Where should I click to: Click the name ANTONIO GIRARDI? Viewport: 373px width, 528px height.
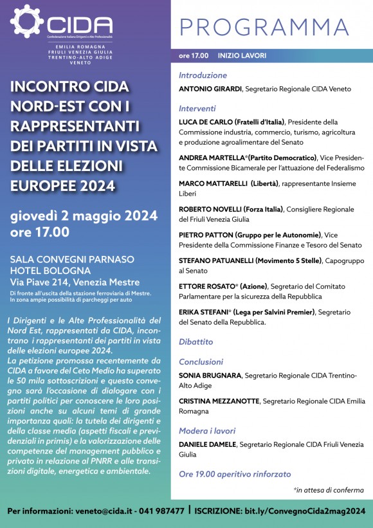[210, 88]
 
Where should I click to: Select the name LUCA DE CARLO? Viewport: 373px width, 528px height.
[205, 122]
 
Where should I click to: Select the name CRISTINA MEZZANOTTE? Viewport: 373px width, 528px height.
[220, 401]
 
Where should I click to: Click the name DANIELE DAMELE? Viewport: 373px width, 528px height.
[207, 444]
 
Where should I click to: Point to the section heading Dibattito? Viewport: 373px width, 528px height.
[196, 341]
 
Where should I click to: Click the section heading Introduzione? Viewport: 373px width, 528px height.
[203, 75]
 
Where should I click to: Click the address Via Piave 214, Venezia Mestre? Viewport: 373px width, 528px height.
[75, 282]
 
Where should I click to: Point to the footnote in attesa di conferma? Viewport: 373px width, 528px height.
[329, 490]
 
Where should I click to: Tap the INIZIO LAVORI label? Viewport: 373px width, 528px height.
[242, 56]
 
